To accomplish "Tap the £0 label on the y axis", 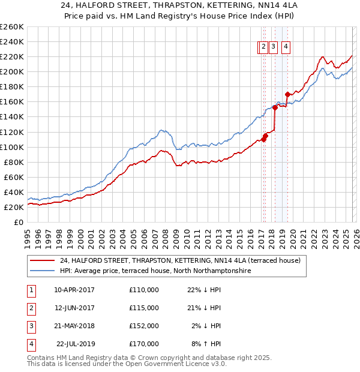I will click(x=18, y=222).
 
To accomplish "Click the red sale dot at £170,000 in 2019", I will click(x=287, y=94).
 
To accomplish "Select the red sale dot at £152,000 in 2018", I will click(x=275, y=108).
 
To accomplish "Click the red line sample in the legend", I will click(x=42, y=260).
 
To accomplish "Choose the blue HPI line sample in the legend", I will click(x=42, y=271).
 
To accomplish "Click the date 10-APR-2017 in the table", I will click(x=74, y=290).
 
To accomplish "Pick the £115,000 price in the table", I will click(x=144, y=308).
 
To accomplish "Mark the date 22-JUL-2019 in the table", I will click(x=74, y=344).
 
